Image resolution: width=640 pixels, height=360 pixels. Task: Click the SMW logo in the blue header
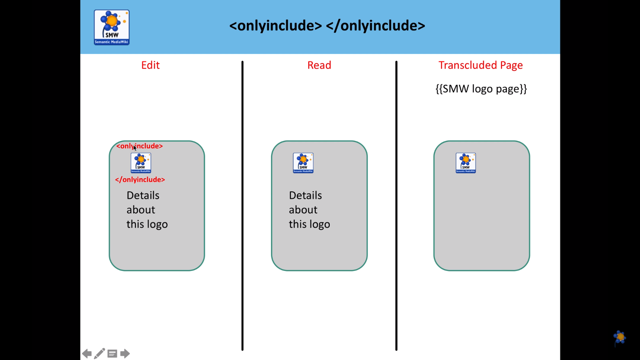pyautogui.click(x=112, y=27)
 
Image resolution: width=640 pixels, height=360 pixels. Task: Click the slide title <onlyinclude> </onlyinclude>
pyautogui.click(x=327, y=25)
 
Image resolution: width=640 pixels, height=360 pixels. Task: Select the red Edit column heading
pyautogui.click(x=150, y=65)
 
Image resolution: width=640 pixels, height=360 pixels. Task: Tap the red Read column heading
pyautogui.click(x=319, y=65)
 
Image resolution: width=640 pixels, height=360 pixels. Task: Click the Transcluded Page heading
pyautogui.click(x=480, y=65)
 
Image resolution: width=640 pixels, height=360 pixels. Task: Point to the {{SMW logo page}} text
pyautogui.click(x=481, y=89)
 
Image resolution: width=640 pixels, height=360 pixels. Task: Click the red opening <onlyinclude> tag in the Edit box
pyautogui.click(x=140, y=146)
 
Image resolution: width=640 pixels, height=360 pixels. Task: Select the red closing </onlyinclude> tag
pyautogui.click(x=140, y=180)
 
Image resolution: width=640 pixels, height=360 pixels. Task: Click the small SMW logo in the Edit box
pyautogui.click(x=141, y=163)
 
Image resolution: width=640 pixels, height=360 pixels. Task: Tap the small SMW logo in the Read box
pyautogui.click(x=303, y=163)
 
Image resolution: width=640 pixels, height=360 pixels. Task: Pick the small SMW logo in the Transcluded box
pyautogui.click(x=466, y=163)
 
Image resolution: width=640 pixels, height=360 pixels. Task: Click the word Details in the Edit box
pyautogui.click(x=143, y=195)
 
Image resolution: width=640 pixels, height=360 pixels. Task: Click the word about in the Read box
pyautogui.click(x=303, y=210)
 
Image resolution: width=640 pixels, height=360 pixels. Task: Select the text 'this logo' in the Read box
pyautogui.click(x=309, y=224)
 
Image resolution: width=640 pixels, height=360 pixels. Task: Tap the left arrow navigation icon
pyautogui.click(x=87, y=353)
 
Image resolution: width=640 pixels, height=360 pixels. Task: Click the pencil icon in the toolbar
pyautogui.click(x=99, y=353)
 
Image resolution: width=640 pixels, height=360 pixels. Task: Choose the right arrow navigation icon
pyautogui.click(x=125, y=353)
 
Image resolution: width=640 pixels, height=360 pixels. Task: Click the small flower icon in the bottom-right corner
pyautogui.click(x=619, y=337)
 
